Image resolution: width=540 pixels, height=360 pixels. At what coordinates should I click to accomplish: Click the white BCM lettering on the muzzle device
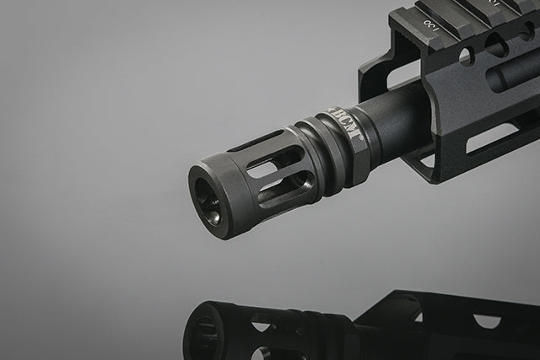coord(346,124)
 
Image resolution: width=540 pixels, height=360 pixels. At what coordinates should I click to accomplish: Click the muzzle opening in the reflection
coord(202,330)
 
